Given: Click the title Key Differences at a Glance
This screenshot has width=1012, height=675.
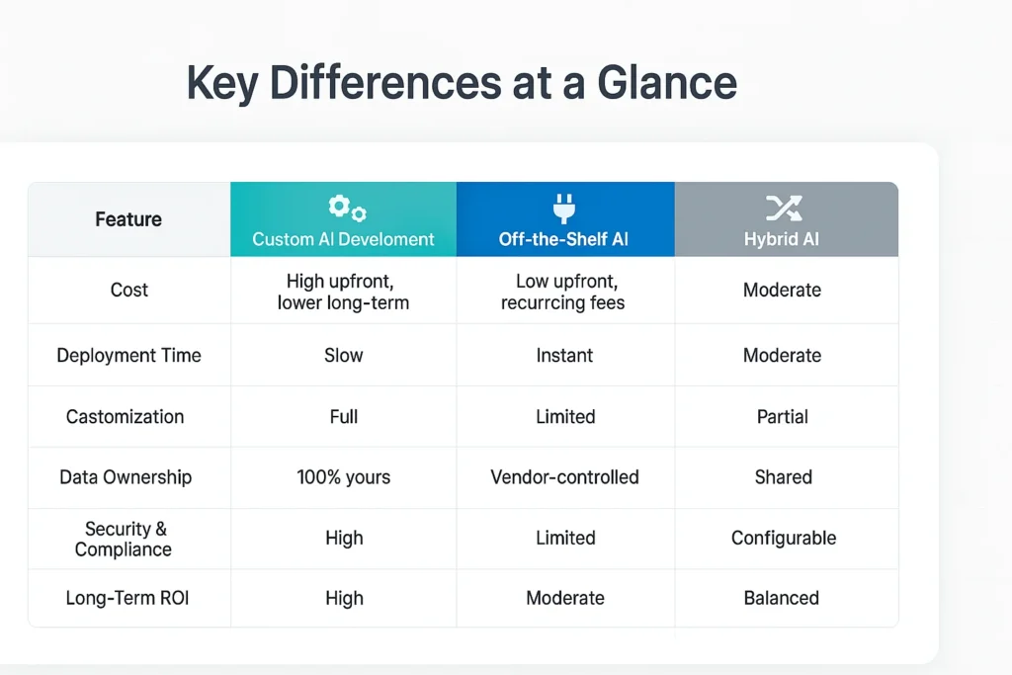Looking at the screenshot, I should coord(462,84).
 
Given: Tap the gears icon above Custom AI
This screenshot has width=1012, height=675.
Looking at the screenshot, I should coord(347,208).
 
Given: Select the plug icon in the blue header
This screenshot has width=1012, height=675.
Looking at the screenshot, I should coord(564,208).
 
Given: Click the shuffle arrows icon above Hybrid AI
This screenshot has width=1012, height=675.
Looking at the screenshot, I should coord(783,208).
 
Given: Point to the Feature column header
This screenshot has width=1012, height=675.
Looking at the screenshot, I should coord(128,219).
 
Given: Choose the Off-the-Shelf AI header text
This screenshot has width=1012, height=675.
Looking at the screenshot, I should coord(564,239).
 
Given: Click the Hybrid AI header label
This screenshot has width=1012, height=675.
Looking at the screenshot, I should coord(783,239).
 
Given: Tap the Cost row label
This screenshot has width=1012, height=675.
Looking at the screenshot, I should coord(129,290).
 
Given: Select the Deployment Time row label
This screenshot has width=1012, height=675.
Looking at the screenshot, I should coord(129,356).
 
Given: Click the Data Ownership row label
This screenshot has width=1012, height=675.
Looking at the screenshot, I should coord(126,477).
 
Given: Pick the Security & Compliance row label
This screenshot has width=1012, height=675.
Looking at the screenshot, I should coord(126,539).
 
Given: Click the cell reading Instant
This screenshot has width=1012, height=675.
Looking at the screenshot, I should coord(564,356).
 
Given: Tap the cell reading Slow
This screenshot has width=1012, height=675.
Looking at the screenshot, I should coord(344,356).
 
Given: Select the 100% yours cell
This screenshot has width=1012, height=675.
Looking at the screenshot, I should coord(344,477).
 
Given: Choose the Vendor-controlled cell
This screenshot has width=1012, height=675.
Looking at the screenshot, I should coord(564,477).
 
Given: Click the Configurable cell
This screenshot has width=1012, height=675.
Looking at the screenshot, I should coord(784,539).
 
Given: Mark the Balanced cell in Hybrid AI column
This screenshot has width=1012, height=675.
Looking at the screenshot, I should coord(782,598).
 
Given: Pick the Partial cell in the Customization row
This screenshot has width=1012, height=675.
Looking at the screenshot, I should coord(783,416).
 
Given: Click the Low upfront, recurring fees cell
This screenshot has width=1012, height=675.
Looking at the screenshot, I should coord(563,292).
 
